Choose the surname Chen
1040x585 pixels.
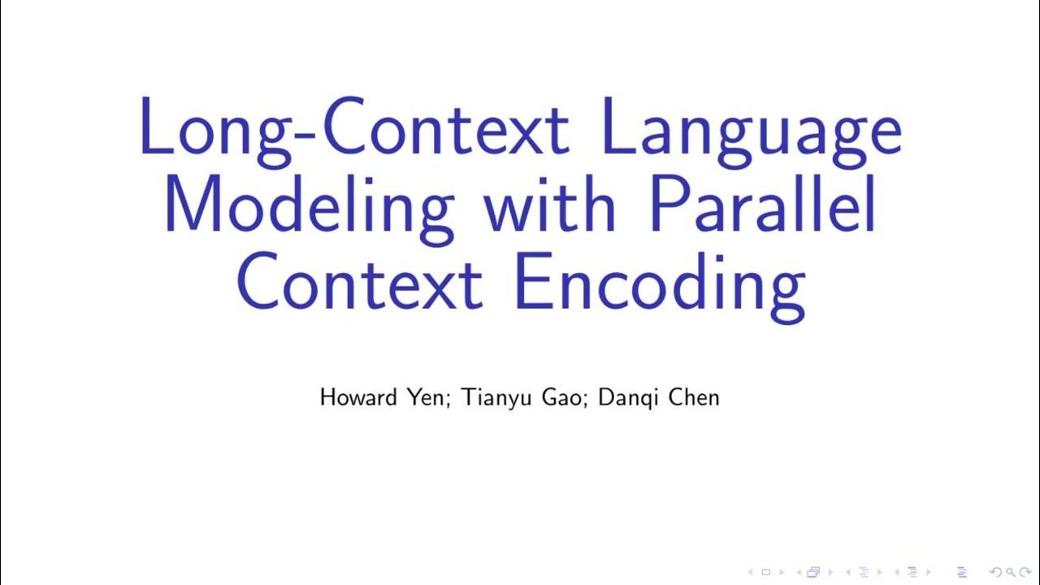(693, 397)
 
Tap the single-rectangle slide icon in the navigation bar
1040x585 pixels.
(765, 572)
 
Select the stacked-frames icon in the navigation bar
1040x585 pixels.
(813, 572)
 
